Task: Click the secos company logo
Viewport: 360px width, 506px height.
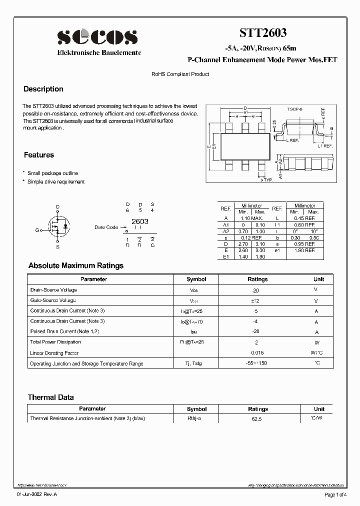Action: [97, 36]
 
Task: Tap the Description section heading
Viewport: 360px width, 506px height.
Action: [43, 89]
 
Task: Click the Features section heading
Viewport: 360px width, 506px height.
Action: [39, 155]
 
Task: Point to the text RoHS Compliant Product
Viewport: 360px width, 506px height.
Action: [180, 74]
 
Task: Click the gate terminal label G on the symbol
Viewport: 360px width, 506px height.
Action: [36, 230]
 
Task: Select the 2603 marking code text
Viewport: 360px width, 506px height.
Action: [139, 221]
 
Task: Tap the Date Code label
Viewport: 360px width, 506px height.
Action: [106, 227]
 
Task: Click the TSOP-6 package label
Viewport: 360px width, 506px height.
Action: [294, 108]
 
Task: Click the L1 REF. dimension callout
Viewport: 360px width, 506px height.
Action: [325, 146]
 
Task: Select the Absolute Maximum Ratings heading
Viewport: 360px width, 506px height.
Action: [76, 265]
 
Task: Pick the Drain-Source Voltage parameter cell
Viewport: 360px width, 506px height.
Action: [53, 290]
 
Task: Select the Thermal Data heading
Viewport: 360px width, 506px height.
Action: [50, 397]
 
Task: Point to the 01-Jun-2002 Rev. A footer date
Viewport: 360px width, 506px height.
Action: [36, 494]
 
